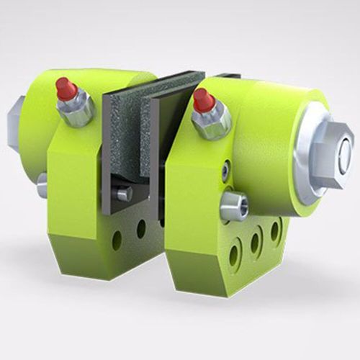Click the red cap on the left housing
[66, 89]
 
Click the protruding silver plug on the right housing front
[235, 207]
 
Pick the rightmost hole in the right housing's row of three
[274, 230]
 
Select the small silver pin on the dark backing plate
[125, 193]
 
